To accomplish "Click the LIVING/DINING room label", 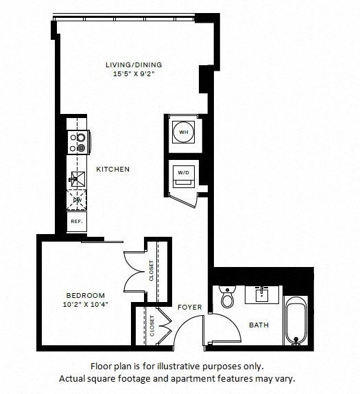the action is pos(134,65).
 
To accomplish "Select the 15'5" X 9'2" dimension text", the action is pos(134,74).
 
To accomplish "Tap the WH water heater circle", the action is pos(184,132).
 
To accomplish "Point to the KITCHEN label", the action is pos(112,169).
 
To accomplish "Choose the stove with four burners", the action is pos(78,142).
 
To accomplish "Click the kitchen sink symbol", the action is pos(77,179).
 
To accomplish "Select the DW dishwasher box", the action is pos(76,200).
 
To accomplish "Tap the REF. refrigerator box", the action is pos(77,222).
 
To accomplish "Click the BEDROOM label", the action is pos(85,295).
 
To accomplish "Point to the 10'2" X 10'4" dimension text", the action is pos(85,305).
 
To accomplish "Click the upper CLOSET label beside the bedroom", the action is pos(152,270).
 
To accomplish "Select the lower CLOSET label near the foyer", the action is pos(152,326).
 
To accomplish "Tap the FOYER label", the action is pos(190,307).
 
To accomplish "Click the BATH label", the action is pos(259,325).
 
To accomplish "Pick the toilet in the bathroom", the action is pos(228,297).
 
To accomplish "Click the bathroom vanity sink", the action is pos(262,294).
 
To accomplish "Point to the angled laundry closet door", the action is pos(182,200).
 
